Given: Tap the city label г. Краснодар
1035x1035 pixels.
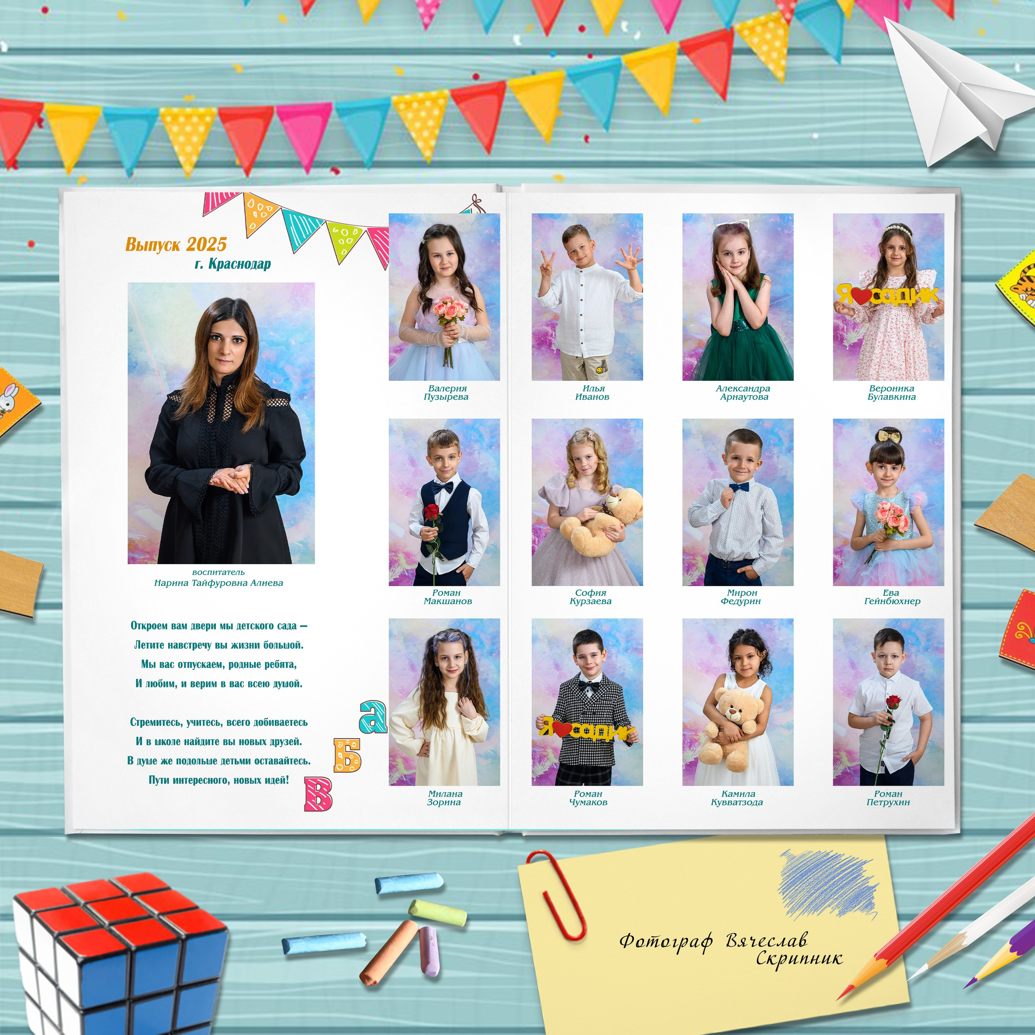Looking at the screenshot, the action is [x=232, y=264].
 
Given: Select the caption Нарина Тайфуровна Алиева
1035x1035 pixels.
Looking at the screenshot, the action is [x=219, y=583].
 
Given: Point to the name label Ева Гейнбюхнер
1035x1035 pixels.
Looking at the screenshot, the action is [x=892, y=597].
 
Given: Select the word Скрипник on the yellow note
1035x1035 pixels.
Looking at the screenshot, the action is [x=799, y=957].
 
